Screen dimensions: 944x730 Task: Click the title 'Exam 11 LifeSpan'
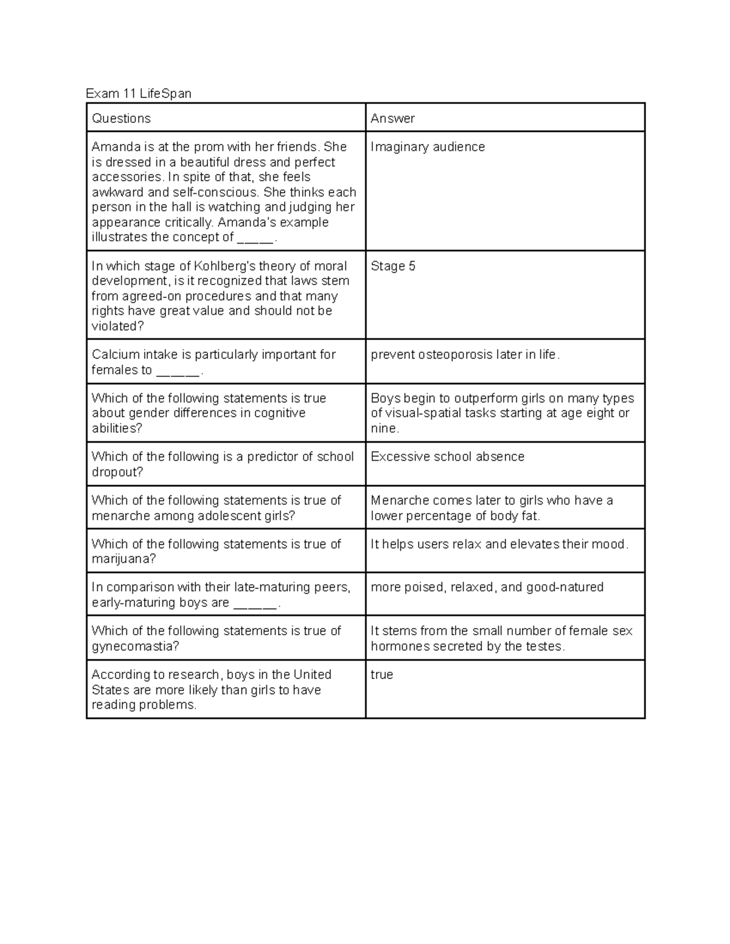pyautogui.click(x=138, y=94)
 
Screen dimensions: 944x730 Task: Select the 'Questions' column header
pyautogui.click(x=121, y=119)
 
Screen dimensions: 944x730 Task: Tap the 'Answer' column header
pyautogui.click(x=392, y=119)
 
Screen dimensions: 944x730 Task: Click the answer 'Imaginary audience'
pyautogui.click(x=428, y=147)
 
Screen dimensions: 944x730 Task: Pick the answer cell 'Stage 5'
pyautogui.click(x=393, y=266)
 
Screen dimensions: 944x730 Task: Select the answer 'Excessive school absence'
pyautogui.click(x=447, y=457)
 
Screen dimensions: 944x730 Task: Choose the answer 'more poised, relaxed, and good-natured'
pyautogui.click(x=487, y=587)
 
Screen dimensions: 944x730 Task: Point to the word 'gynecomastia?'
pyautogui.click(x=135, y=646)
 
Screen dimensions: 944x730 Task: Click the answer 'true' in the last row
pyautogui.click(x=381, y=675)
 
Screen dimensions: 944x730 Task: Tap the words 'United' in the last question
pyautogui.click(x=312, y=675)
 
